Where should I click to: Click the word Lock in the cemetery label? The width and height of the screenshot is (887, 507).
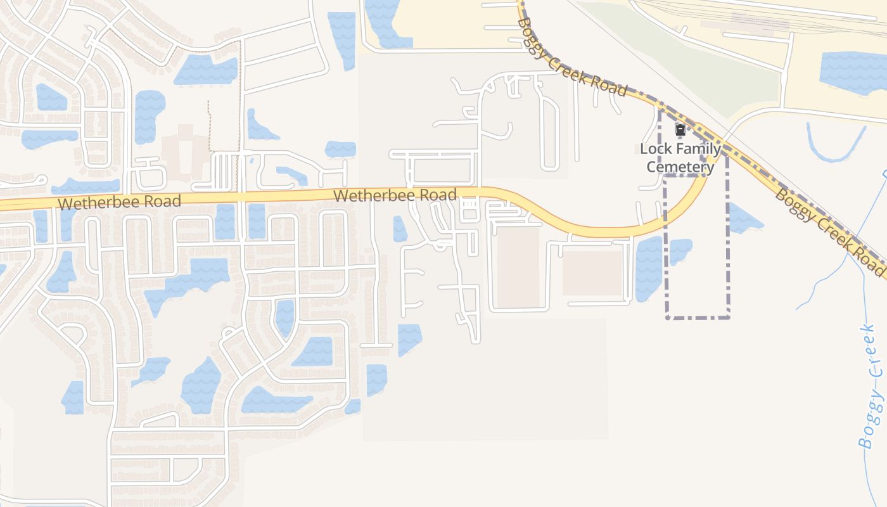point(656,149)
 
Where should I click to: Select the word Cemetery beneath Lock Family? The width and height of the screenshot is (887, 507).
point(680,167)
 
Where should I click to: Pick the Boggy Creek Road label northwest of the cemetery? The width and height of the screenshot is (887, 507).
point(571,57)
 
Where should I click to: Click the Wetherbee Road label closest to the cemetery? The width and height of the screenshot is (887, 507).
point(395,195)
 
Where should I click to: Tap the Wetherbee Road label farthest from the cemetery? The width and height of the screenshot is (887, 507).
point(118,202)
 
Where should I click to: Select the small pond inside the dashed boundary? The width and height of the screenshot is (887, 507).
point(680,250)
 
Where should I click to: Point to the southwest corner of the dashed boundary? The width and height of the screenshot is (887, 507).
point(667,317)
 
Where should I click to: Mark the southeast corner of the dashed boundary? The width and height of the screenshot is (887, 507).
point(729,317)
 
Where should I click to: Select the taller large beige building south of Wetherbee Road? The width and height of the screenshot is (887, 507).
point(518,267)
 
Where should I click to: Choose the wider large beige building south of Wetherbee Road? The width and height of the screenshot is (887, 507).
point(593,273)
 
